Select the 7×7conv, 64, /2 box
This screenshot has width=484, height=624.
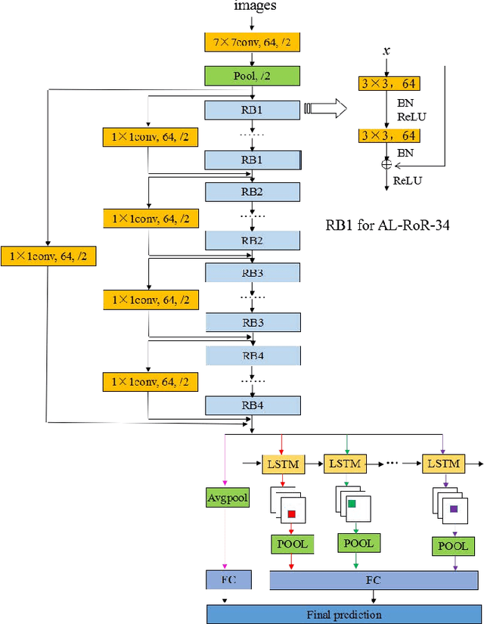click(x=253, y=43)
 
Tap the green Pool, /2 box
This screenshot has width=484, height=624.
click(x=253, y=76)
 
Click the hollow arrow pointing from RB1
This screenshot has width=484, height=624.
click(x=325, y=110)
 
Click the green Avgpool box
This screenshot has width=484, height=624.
click(x=227, y=497)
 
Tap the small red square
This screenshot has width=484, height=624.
click(x=291, y=515)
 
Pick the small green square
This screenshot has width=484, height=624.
click(x=352, y=504)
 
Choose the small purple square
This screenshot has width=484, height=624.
click(x=454, y=509)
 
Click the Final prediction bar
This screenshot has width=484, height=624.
click(x=343, y=614)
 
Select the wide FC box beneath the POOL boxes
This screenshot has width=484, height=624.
click(x=374, y=580)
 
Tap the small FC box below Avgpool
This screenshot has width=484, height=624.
click(x=227, y=580)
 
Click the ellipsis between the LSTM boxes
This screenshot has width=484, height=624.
click(x=393, y=462)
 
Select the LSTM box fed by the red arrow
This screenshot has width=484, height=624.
click(x=282, y=463)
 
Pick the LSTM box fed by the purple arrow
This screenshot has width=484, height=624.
click(x=443, y=463)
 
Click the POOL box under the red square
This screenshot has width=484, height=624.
click(x=291, y=545)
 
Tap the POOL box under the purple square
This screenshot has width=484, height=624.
click(x=454, y=546)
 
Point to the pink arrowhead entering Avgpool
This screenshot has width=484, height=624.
click(x=225, y=484)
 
